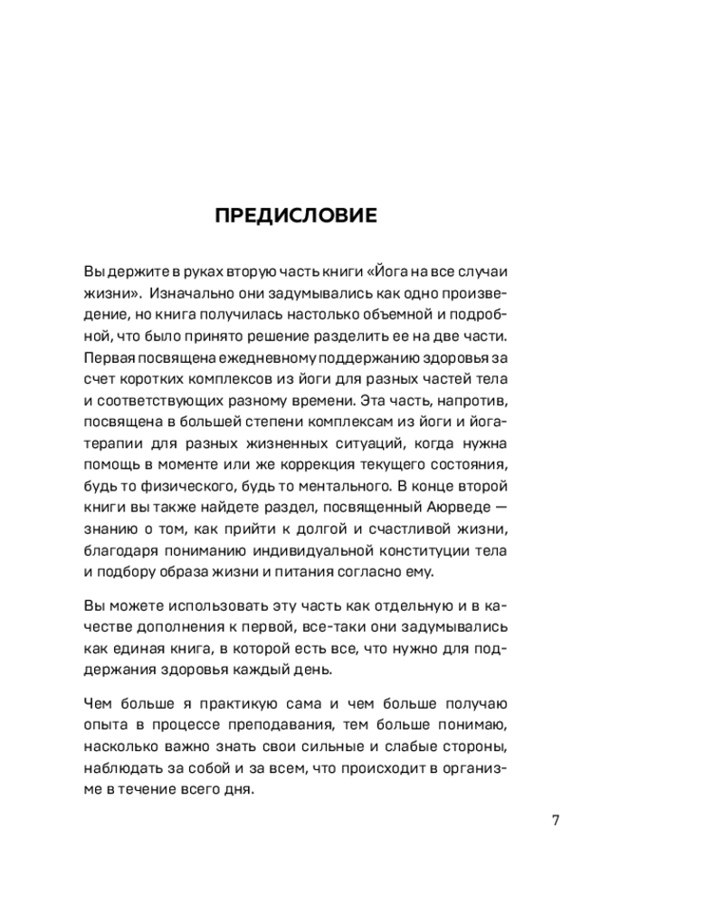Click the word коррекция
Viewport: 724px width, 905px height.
(x=338, y=468)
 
